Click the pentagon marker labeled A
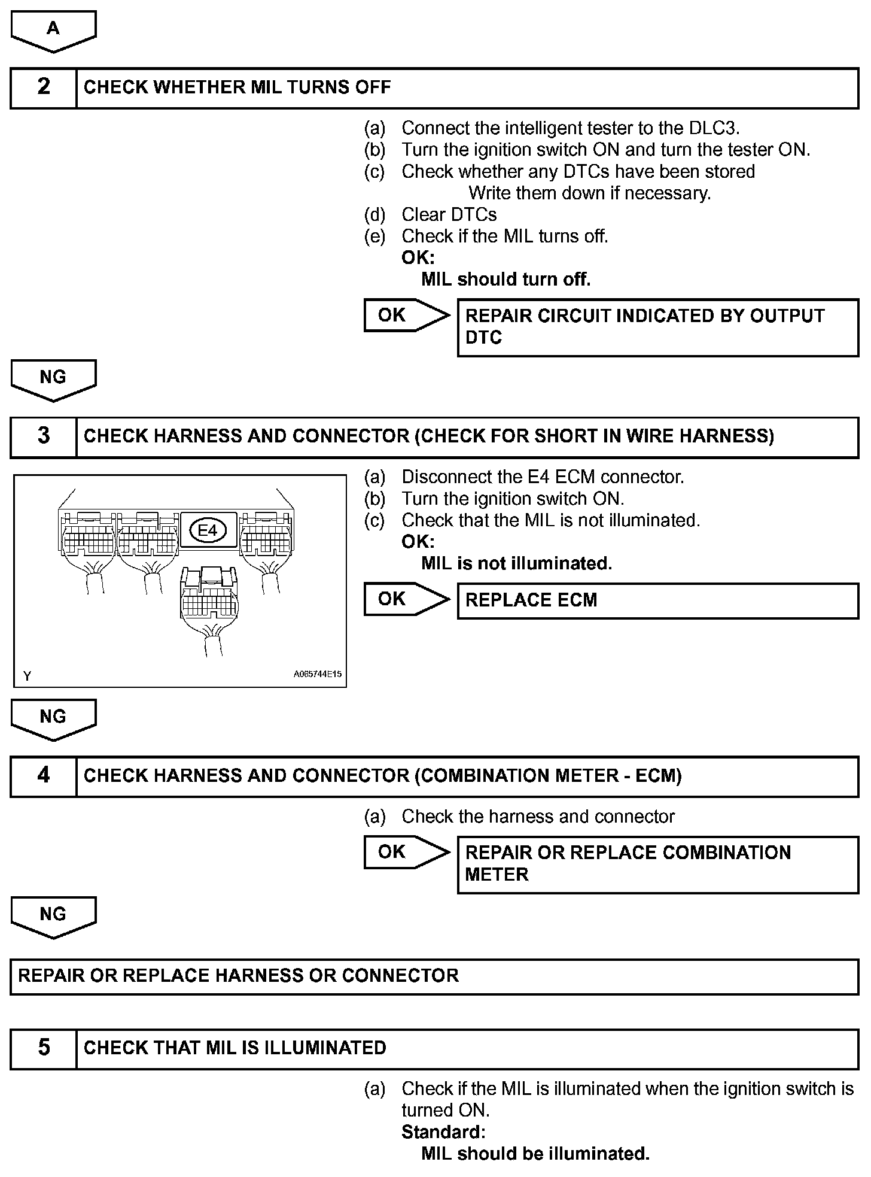click(53, 30)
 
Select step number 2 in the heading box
click(44, 87)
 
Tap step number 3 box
click(44, 436)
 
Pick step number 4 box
click(44, 775)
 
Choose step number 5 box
click(44, 1048)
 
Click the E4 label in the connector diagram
click(207, 530)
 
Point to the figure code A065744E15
click(317, 674)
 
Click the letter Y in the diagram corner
click(27, 676)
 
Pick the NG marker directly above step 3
click(53, 378)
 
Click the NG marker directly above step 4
click(53, 718)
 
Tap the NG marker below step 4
click(53, 915)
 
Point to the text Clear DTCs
click(449, 214)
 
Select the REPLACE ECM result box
click(657, 600)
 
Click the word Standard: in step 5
click(443, 1132)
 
